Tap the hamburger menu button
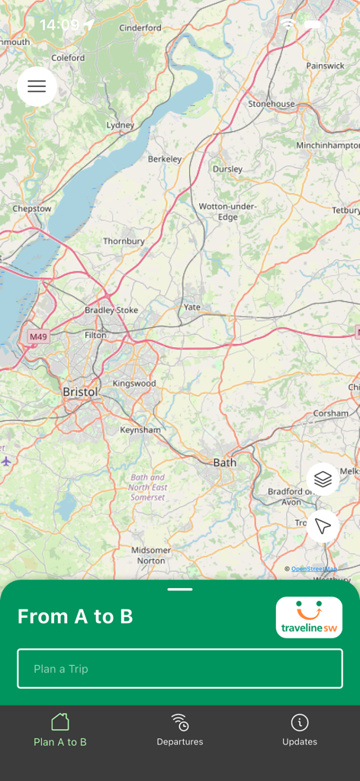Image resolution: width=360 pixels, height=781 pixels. [37, 86]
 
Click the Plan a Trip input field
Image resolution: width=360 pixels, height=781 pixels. [180, 669]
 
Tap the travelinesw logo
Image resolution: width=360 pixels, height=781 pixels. [309, 617]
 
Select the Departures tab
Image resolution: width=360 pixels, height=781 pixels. [180, 730]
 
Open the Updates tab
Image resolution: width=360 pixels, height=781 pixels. [300, 730]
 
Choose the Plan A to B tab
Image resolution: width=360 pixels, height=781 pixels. [60, 730]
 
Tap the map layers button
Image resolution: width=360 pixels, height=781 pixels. [323, 479]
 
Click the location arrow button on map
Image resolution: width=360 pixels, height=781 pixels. [323, 525]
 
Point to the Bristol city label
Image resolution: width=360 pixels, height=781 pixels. [80, 392]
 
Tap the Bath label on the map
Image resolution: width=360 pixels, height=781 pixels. [224, 462]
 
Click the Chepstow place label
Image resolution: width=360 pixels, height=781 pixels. [32, 209]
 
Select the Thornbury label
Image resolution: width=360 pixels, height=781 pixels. [124, 241]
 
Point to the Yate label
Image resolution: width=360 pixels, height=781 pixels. [191, 307]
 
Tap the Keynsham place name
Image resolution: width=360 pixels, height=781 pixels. [140, 429]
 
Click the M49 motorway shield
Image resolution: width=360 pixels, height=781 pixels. [37, 336]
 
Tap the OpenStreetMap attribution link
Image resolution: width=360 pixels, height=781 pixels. [313, 569]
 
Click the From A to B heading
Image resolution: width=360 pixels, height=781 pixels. [76, 617]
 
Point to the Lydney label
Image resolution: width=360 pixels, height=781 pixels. [121, 125]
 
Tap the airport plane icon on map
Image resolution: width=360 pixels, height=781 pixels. [7, 461]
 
